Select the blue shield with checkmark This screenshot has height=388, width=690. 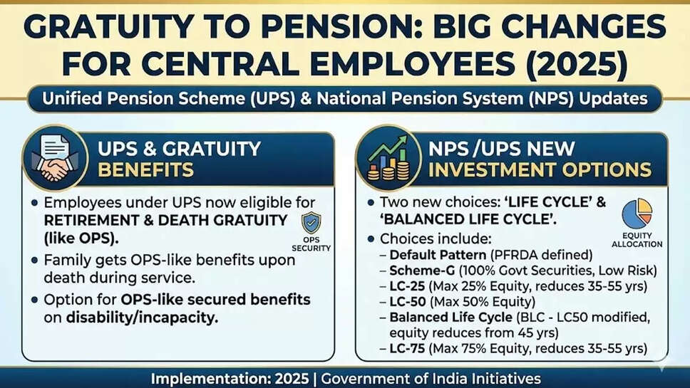tap(311, 223)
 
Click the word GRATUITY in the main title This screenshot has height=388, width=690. tap(108, 27)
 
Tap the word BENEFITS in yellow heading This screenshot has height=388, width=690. tap(145, 170)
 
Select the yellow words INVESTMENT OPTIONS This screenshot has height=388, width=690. tap(540, 170)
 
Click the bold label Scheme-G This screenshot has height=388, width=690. tap(422, 271)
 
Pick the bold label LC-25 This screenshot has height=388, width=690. tap(407, 286)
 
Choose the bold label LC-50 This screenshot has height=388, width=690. tap(408, 302)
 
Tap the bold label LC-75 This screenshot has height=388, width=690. tap(407, 349)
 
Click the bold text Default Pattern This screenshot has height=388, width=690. tap(438, 255)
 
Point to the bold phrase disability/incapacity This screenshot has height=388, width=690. tap(142, 318)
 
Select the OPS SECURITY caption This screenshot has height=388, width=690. tap(311, 244)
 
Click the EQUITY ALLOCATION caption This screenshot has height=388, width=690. tap(637, 240)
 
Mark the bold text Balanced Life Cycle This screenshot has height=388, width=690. tap(451, 318)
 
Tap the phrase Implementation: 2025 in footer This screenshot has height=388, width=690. tap(230, 379)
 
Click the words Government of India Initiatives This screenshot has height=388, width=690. tap(431, 379)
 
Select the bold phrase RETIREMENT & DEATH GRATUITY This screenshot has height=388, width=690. tap(165, 220)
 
